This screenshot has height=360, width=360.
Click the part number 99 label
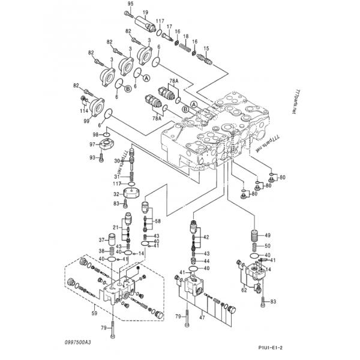coord(87,121)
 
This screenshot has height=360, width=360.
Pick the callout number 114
coord(84,110)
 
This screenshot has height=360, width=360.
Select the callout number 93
coord(93,158)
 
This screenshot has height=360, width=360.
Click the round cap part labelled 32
coord(130,194)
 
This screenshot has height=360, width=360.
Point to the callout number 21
coord(116,227)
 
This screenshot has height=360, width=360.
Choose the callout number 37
coord(101,240)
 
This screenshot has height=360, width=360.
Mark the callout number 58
coord(157,221)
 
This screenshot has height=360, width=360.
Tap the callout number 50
coord(268,246)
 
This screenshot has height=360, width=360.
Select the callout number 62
coord(244,290)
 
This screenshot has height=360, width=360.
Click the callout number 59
coord(94,313)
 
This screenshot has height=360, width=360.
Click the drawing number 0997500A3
coord(79,341)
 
